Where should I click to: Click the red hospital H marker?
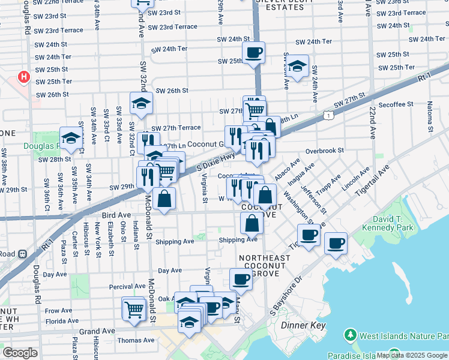(23, 77)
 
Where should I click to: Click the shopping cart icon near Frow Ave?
(134, 310)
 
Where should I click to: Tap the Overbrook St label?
(324, 151)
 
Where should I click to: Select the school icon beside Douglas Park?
(71, 139)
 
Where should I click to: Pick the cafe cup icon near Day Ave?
(241, 279)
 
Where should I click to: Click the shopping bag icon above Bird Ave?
(164, 199)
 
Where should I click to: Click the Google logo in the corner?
(20, 353)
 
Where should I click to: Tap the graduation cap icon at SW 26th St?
(142, 104)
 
